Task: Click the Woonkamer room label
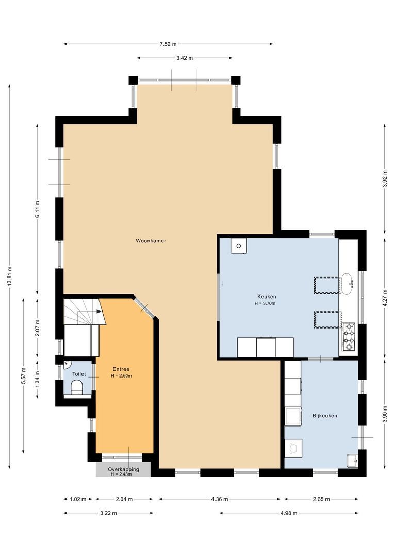point(151,241)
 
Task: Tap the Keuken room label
point(267,297)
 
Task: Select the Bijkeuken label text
point(324,415)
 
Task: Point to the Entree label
point(121,369)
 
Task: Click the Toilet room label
point(79,373)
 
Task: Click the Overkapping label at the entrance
point(123,469)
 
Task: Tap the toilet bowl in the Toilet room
point(77,387)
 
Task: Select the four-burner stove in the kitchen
point(349,336)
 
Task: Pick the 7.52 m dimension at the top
point(168,44)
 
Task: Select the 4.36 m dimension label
point(219,499)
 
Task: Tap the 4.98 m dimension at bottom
point(289,513)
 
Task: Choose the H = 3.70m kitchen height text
point(265,304)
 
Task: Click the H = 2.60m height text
point(121,376)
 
